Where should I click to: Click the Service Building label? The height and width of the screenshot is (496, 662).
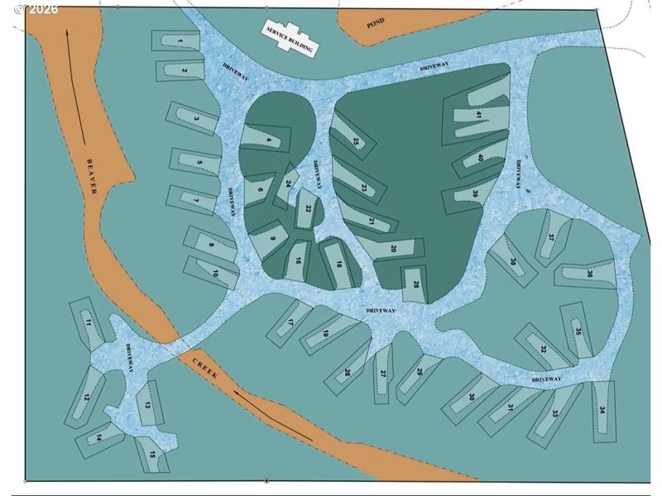[x=289, y=38]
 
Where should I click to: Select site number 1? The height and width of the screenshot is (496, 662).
[x=180, y=41]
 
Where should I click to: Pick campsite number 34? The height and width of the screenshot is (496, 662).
[x=602, y=411]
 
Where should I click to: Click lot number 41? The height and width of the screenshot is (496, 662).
[x=479, y=115]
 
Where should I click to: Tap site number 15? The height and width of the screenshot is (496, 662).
[x=152, y=454]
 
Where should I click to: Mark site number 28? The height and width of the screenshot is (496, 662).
[x=416, y=284]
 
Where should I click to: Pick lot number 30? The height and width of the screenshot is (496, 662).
[x=472, y=397]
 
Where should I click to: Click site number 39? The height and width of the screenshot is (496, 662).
[x=475, y=193]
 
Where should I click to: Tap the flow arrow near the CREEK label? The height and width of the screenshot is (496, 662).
[x=273, y=415]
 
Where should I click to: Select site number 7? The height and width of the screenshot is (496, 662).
[x=195, y=199]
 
